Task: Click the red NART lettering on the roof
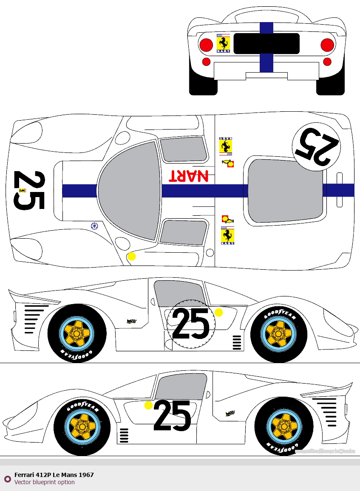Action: pyautogui.click(x=189, y=176)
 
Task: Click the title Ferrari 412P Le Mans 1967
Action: pyautogui.click(x=54, y=475)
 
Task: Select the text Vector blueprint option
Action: pyautogui.click(x=44, y=482)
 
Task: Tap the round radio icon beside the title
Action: pyautogui.click(x=8, y=479)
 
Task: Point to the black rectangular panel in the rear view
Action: pyautogui.click(x=266, y=43)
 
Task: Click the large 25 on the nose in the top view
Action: pyautogui.click(x=29, y=190)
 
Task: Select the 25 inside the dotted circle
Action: pyautogui.click(x=191, y=324)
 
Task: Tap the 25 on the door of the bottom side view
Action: pyautogui.click(x=173, y=415)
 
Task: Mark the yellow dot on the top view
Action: pyautogui.click(x=132, y=256)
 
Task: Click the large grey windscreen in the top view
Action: pyautogui.click(x=129, y=190)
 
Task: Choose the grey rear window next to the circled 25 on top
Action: pyautogui.click(x=284, y=190)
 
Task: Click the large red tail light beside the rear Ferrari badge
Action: pyautogui.click(x=206, y=45)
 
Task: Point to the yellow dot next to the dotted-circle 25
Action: pyautogui.click(x=218, y=313)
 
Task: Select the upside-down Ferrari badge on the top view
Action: pyautogui.click(x=225, y=146)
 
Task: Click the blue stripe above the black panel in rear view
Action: pyautogui.click(x=266, y=28)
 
